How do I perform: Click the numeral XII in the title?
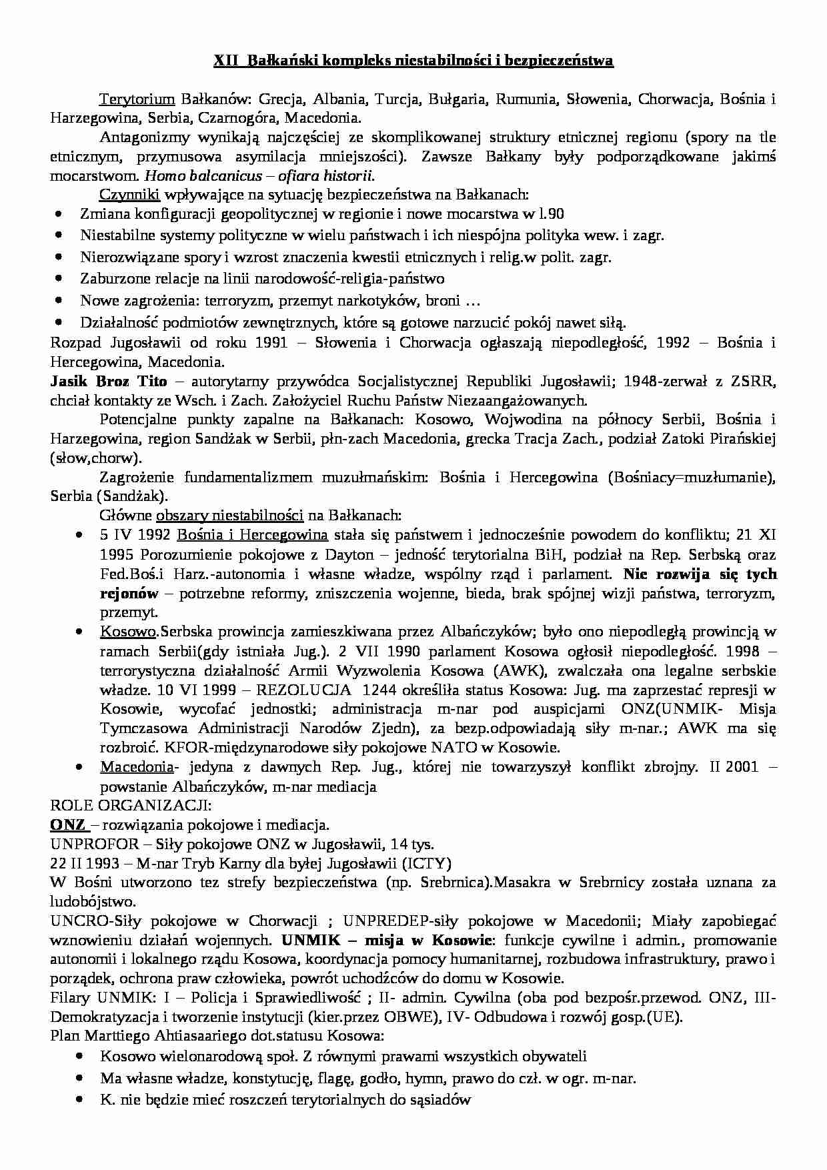pos(226,61)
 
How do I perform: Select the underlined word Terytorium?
pos(137,100)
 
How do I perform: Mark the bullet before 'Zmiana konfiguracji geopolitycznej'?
pos(61,215)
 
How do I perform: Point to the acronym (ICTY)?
pos(426,864)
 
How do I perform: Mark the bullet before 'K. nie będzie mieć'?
pos(80,1099)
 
